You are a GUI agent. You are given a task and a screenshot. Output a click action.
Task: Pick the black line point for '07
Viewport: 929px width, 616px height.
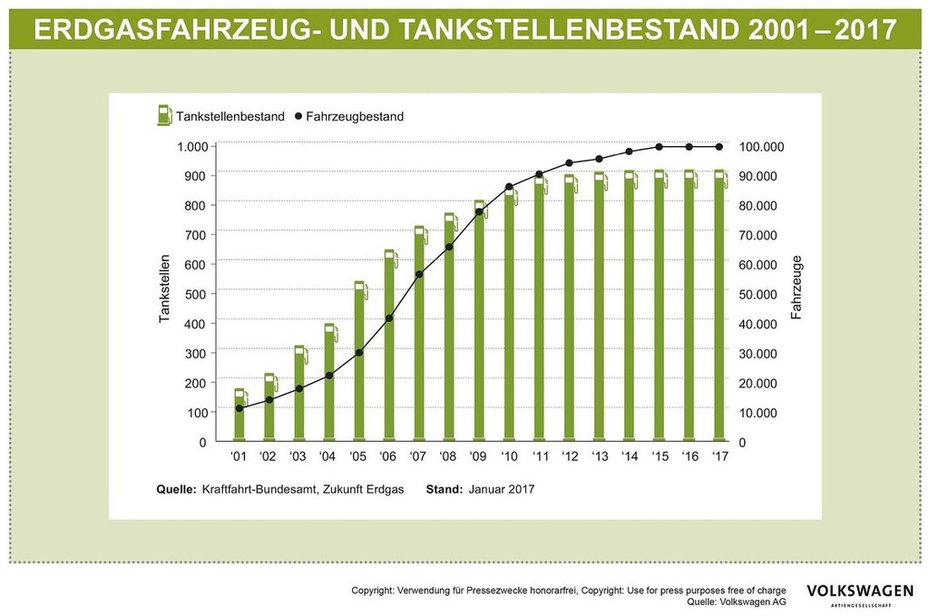pos(419,274)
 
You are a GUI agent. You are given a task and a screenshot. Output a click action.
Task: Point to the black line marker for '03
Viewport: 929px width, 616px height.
pos(299,388)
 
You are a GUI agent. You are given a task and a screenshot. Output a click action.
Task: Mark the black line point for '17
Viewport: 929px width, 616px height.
pos(719,146)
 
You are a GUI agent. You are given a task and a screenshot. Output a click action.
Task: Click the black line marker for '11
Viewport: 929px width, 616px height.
pos(539,174)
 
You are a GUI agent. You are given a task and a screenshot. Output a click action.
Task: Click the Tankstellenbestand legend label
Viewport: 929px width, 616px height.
pos(231,116)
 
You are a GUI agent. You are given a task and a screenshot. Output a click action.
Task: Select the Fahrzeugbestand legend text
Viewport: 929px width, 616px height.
pos(355,116)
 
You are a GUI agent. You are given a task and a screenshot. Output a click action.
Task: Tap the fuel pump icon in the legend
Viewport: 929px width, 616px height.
pos(164,115)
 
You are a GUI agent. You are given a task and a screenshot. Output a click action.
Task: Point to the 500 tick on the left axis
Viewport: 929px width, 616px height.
pos(196,294)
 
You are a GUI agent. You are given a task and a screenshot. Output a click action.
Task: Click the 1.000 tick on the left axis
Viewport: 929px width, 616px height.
pos(191,146)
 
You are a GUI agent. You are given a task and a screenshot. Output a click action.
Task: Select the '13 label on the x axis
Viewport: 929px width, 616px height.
pos(600,456)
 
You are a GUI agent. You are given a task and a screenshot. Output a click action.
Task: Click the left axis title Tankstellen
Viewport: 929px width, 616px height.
pos(164,294)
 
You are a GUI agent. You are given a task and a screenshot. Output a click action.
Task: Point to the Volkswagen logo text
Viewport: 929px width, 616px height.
pos(860,591)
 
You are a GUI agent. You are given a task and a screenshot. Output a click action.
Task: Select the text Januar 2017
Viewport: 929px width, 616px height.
pos(502,489)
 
